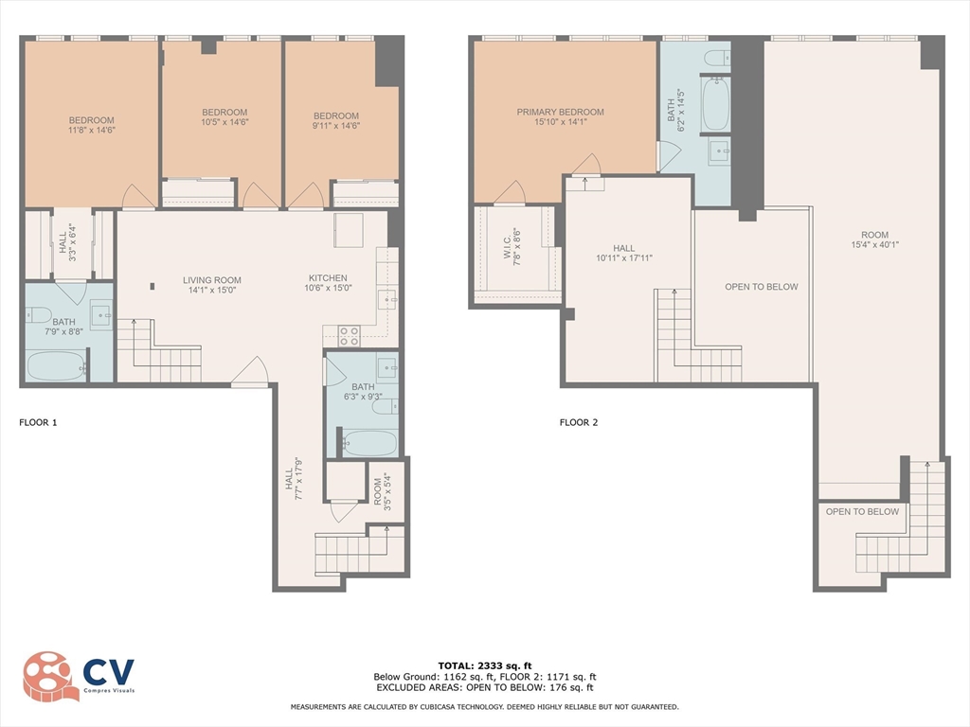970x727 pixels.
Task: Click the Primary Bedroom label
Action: pos(561,116)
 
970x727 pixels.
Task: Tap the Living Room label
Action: pos(211,284)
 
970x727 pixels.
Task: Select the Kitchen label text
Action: pos(328,282)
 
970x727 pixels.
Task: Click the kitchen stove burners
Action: pos(349,336)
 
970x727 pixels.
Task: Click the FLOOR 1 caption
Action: pos(38,423)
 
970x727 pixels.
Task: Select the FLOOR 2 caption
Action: pos(579,423)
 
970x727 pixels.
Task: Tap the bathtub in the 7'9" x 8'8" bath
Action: pos(56,366)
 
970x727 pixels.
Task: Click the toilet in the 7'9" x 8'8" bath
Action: pos(38,315)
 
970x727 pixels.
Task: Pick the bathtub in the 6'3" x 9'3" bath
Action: pos(369,443)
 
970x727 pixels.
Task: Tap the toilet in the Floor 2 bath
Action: pos(718,58)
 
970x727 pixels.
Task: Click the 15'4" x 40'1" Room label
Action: pos(874,239)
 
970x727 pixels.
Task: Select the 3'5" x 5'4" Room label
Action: pos(383,492)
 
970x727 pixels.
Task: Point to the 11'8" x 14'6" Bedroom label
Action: pos(92,125)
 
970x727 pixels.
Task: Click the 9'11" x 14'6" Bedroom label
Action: pos(336,120)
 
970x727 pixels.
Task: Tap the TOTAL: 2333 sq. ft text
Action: pos(485,665)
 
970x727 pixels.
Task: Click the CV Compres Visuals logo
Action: pos(79,676)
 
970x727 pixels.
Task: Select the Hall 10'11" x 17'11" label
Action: pos(624,253)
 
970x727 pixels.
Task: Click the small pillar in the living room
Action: pos(153,286)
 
